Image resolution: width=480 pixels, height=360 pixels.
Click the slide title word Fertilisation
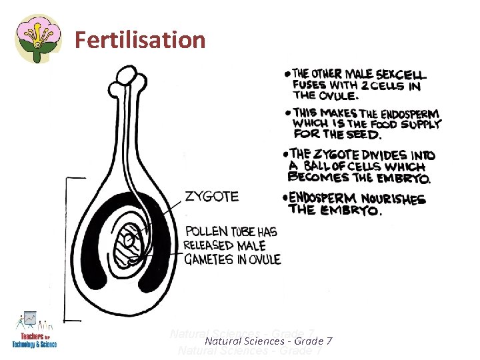click(x=140, y=40)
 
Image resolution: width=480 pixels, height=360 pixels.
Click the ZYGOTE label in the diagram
click(x=211, y=197)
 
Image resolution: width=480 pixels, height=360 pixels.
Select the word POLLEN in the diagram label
click(x=206, y=232)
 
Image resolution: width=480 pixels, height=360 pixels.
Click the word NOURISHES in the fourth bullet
click(x=393, y=199)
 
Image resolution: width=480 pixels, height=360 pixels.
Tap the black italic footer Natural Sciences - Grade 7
click(x=269, y=341)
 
